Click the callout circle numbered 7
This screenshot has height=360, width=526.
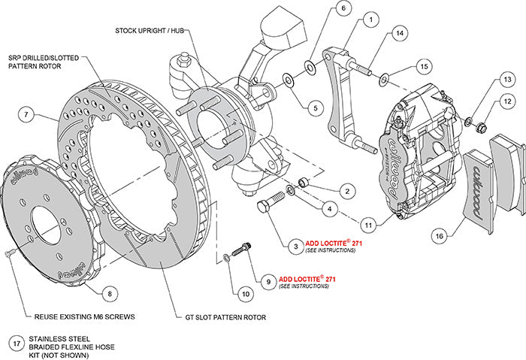[26, 115]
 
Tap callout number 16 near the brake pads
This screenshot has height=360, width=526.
[439, 236]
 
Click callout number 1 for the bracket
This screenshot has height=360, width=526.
[370, 20]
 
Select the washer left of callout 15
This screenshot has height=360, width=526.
[384, 75]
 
